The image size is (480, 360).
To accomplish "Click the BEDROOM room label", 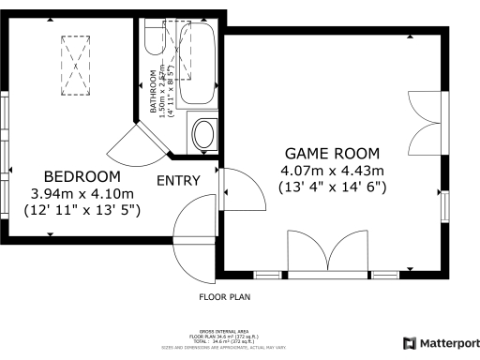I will click(x=82, y=176).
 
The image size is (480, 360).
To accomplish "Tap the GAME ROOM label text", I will click(x=332, y=153).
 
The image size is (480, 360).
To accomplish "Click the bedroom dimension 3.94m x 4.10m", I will click(x=82, y=194).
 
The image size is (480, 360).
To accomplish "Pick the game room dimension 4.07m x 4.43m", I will click(x=332, y=170).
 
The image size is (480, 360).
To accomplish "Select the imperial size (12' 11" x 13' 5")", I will click(x=82, y=211).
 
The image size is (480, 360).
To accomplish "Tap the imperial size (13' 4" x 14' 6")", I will click(x=332, y=187).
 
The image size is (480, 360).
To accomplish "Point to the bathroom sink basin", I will click(x=203, y=133).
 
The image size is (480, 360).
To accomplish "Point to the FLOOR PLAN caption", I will click(x=224, y=297).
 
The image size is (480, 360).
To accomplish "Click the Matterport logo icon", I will click(x=409, y=343).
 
